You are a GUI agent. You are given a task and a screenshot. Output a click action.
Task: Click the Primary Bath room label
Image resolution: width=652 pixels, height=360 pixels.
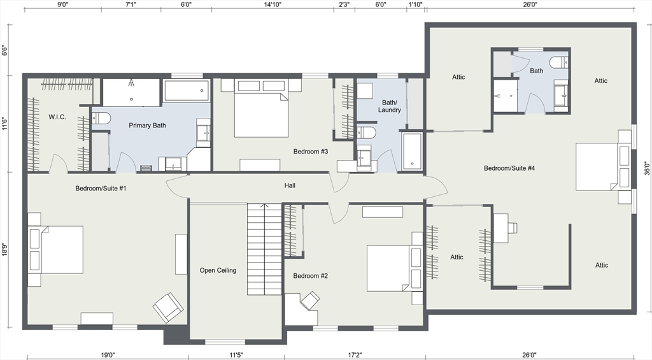147,126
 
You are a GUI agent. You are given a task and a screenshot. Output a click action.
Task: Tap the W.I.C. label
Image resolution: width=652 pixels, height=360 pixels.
57,117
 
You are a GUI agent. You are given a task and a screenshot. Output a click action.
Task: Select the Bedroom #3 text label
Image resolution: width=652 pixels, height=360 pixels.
311,152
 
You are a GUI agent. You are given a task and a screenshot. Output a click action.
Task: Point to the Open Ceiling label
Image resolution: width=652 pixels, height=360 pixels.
218,270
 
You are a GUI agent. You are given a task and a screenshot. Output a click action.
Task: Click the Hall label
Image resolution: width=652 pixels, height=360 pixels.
290,185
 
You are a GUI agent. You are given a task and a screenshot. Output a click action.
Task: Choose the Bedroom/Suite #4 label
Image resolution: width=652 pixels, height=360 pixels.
509,168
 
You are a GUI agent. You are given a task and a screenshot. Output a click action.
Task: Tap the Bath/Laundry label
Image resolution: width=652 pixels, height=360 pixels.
389,106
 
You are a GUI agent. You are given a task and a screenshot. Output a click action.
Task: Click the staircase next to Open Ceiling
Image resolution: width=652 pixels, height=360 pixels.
264,249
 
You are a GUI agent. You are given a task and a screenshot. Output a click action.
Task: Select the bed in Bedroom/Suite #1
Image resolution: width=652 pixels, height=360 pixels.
56,250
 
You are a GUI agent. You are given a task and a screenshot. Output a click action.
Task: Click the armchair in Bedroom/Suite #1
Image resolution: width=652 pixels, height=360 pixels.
168,307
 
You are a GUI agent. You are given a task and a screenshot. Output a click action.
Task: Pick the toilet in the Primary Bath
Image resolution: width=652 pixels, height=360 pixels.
101,119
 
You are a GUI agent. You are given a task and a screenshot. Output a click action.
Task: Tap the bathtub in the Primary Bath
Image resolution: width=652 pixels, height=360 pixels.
187,90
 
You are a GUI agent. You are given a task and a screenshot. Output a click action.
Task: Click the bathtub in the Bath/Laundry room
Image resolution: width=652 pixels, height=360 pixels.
412,151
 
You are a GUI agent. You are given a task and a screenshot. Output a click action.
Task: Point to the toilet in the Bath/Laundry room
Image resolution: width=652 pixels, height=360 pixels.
366,133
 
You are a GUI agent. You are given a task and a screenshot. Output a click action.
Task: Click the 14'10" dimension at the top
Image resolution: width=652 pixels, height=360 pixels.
273,4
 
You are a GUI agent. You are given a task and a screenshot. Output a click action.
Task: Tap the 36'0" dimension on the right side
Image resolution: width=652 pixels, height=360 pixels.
647,168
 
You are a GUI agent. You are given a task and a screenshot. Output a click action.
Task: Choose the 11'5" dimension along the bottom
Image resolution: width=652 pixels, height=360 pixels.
236,355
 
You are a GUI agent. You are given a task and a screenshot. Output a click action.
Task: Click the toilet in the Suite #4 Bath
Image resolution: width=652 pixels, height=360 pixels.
559,63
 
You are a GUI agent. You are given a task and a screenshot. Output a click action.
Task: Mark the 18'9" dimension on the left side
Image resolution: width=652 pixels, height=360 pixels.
4,249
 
